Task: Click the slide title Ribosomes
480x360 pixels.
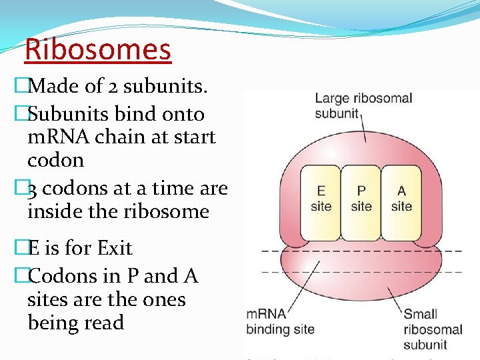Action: click(98, 49)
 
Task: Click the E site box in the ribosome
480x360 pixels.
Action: click(321, 199)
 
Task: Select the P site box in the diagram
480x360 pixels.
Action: click(361, 199)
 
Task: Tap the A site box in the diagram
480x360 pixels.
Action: click(401, 199)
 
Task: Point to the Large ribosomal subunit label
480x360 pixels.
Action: click(363, 105)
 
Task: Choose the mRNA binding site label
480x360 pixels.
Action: click(280, 321)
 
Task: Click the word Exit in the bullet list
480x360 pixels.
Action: click(115, 248)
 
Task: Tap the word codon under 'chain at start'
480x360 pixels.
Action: click(55, 160)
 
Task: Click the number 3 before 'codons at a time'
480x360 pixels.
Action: click(33, 189)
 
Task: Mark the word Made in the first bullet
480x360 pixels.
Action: click(54, 85)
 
